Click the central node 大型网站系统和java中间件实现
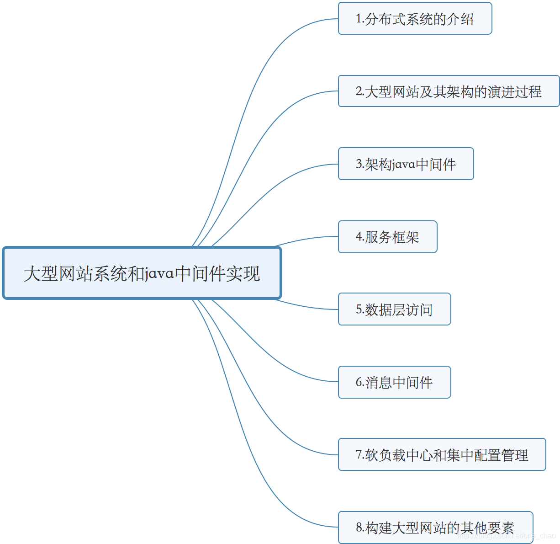click(142, 273)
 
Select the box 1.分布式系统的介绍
click(415, 19)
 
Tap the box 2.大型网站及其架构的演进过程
click(449, 91)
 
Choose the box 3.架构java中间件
click(406, 164)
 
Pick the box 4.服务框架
click(387, 237)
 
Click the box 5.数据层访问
click(394, 309)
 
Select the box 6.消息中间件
click(394, 382)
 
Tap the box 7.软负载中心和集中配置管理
click(442, 455)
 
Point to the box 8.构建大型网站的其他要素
click(435, 528)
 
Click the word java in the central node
click(159, 274)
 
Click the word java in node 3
click(403, 165)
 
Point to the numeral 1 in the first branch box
click(359, 19)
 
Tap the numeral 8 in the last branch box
click(359, 528)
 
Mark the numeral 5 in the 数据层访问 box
click(359, 309)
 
